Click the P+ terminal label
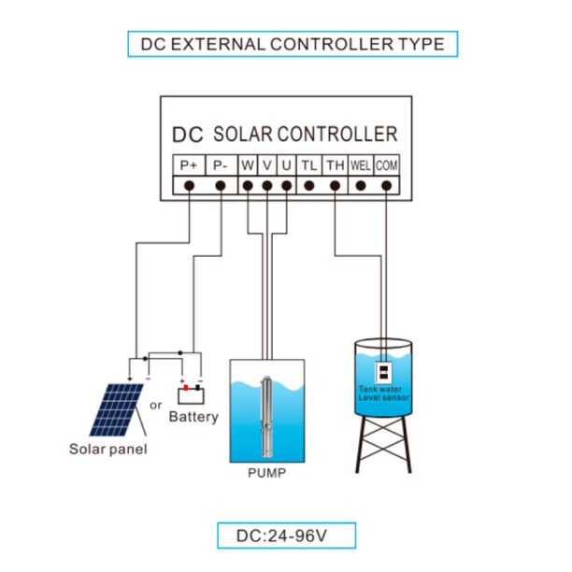(189, 164)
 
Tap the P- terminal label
(220, 164)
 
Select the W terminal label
(248, 164)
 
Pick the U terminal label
(286, 164)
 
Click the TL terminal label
(308, 164)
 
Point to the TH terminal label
(335, 164)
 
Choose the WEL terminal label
(361, 164)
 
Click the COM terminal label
(387, 164)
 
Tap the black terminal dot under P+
(189, 185)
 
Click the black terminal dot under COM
(387, 185)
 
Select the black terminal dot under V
(267, 185)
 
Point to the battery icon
(191, 393)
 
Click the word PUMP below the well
(266, 473)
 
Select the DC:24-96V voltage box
(286, 536)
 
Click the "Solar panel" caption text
(108, 448)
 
